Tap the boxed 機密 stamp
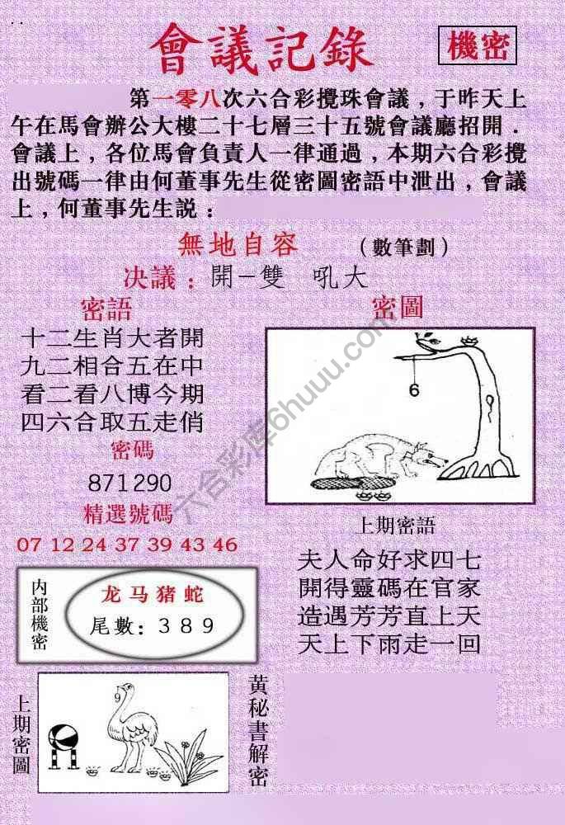pos(478,47)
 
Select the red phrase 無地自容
pos(238,245)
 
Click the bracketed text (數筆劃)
pos(404,247)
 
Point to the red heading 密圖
pos(398,309)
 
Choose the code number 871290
pos(130,483)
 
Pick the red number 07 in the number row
pos(28,544)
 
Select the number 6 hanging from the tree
pos(413,390)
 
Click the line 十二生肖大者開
pos(111,338)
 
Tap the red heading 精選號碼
pos(129,514)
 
